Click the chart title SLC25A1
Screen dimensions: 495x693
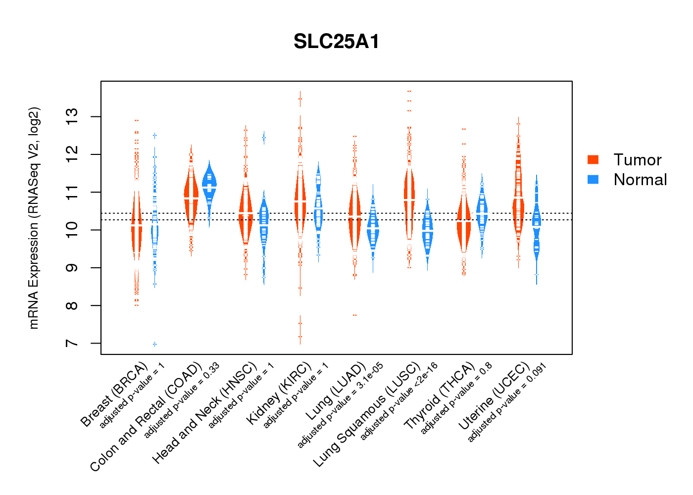(337, 42)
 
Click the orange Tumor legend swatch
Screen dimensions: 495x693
(593, 159)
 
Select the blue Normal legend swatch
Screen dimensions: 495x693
(593, 179)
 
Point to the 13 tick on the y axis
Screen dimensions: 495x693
(72, 117)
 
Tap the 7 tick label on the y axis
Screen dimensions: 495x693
(72, 343)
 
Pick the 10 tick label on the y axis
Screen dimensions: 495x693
(72, 230)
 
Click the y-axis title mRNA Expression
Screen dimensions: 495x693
(34, 218)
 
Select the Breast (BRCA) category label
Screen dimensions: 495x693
(114, 395)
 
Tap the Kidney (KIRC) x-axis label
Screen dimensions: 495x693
(279, 394)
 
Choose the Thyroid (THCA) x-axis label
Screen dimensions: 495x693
(440, 396)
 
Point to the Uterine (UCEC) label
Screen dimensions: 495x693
(494, 396)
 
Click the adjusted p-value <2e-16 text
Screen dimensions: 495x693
(399, 401)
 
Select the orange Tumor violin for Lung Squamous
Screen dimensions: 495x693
(409, 198)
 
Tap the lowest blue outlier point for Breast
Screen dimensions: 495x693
(155, 344)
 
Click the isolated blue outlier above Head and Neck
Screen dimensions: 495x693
(264, 137)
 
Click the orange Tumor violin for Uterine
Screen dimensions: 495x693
(518, 198)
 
